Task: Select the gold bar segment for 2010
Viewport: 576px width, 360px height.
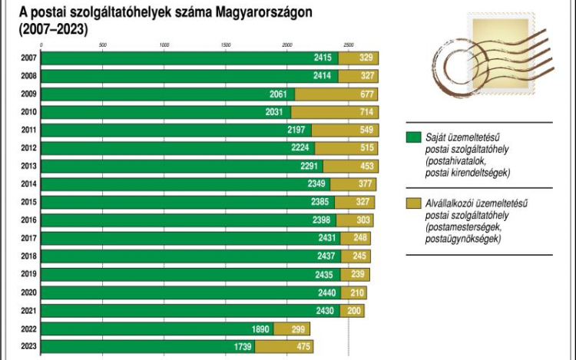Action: click(x=335, y=113)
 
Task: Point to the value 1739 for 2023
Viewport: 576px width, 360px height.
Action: click(x=243, y=347)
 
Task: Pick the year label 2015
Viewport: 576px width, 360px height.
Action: click(x=28, y=203)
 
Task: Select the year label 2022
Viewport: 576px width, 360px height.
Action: click(x=28, y=329)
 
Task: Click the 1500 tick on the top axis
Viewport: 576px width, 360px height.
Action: click(x=226, y=45)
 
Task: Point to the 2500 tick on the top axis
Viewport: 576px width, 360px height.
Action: click(x=349, y=45)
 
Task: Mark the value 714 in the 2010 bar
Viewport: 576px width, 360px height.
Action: click(x=362, y=113)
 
